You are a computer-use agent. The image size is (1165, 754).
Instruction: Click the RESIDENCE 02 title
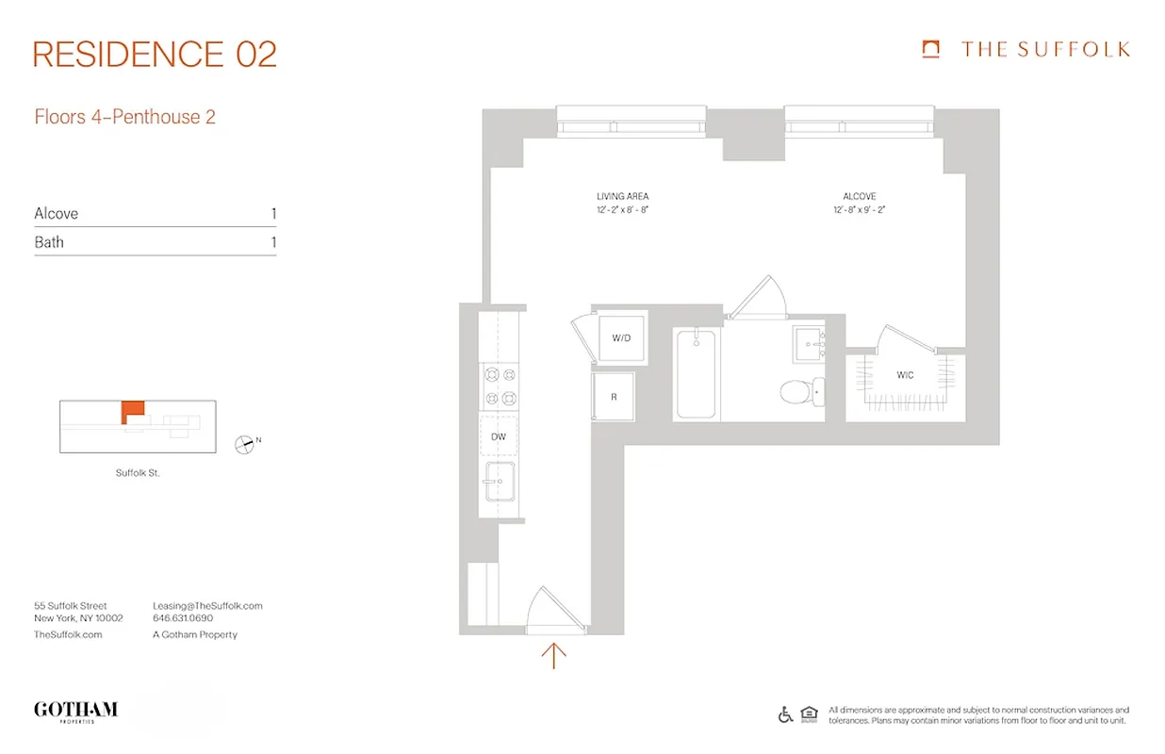click(x=156, y=55)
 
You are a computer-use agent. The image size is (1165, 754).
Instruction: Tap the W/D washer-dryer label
click(x=621, y=337)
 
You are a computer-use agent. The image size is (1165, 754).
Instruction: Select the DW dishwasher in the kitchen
click(x=499, y=436)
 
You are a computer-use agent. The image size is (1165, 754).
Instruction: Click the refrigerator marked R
click(x=614, y=397)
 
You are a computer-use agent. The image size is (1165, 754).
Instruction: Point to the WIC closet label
click(x=905, y=375)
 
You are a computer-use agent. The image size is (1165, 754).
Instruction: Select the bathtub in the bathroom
click(x=697, y=373)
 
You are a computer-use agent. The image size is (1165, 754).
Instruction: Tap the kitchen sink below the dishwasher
click(x=499, y=483)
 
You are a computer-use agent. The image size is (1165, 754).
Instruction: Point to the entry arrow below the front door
click(x=554, y=655)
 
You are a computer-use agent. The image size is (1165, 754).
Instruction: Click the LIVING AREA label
click(x=623, y=197)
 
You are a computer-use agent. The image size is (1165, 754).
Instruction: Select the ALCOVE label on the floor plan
click(x=860, y=197)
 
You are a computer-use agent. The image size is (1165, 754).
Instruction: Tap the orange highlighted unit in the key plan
click(x=132, y=411)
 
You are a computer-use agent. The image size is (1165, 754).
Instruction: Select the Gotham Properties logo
click(x=75, y=712)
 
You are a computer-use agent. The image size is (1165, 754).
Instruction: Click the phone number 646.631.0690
click(x=183, y=619)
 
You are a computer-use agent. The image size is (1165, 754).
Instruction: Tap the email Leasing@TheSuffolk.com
click(x=207, y=606)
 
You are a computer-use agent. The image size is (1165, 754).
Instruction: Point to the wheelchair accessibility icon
click(x=785, y=714)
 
